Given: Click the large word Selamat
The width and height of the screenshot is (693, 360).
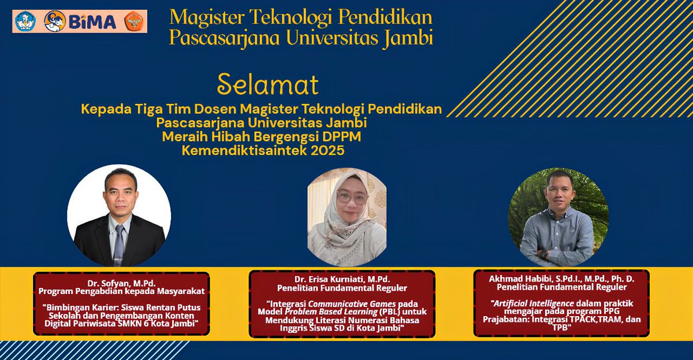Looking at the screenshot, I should click(267, 86).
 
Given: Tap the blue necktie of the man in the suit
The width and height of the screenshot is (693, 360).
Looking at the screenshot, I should click(118, 242).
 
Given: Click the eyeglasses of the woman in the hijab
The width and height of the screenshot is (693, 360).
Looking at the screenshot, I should click(352, 197).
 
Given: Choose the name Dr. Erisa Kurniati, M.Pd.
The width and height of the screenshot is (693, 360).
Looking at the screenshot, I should click(342, 280).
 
